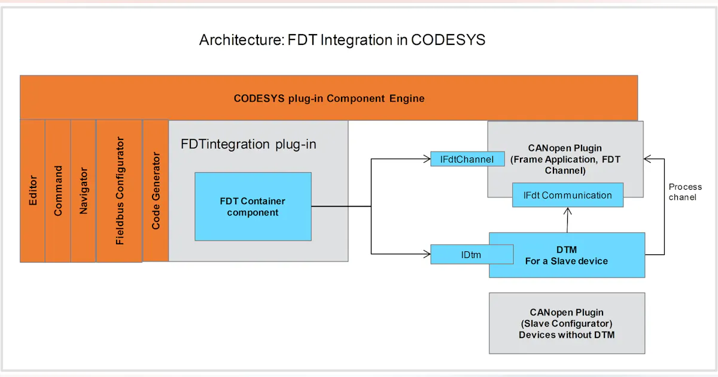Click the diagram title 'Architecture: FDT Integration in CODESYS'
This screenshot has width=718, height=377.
tap(342, 41)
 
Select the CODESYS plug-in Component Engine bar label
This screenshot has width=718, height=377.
tap(328, 98)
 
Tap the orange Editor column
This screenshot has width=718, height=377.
tap(32, 191)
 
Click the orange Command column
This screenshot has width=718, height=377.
tap(58, 191)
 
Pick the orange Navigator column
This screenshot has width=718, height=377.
tap(83, 191)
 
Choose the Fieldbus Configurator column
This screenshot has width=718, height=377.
tap(120, 191)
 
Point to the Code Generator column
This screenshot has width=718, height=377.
tap(156, 191)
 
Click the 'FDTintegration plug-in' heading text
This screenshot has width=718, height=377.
tap(248, 144)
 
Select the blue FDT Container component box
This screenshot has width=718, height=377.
tap(252, 206)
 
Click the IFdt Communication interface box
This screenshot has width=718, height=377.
tap(567, 195)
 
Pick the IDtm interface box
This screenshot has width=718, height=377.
tap(471, 255)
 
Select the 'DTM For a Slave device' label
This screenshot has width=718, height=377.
tap(566, 255)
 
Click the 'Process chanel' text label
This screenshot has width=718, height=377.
tap(685, 192)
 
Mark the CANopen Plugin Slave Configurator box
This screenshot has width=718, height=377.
tap(567, 323)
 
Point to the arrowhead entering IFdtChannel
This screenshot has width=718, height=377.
tap(427, 159)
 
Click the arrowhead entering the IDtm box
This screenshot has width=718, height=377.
tap(427, 255)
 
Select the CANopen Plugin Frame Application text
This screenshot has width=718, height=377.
tap(565, 159)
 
